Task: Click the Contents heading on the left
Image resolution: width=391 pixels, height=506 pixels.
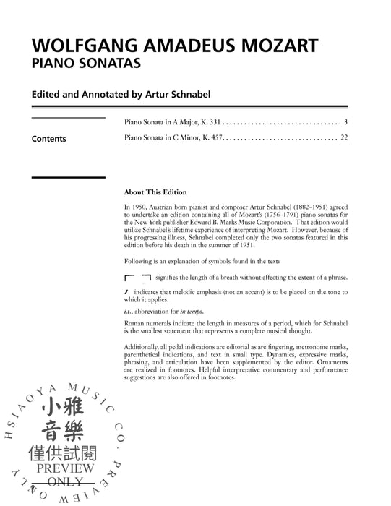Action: coord(48,139)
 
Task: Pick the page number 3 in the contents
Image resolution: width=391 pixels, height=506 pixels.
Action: coord(346,121)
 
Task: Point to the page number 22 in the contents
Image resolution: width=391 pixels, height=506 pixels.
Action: coord(344,137)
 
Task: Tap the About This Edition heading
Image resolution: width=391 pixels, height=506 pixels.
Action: coord(155,192)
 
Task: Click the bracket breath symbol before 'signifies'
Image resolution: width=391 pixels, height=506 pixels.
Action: coord(137,278)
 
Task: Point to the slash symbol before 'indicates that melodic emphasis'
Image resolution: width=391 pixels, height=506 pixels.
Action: coord(126,291)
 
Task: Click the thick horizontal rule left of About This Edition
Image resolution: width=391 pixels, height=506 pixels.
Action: coord(68,178)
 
